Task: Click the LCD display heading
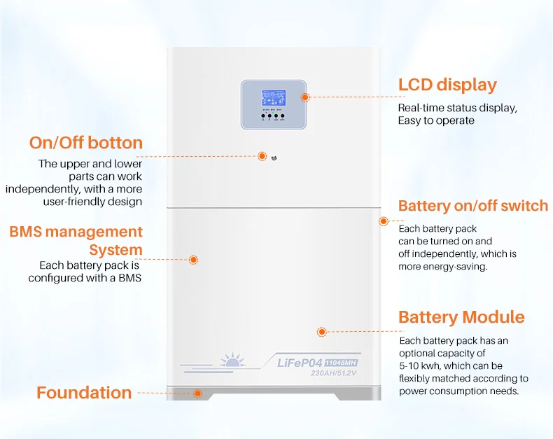447,85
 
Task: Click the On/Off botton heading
85,143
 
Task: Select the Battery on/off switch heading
472,206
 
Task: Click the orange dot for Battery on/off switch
384,221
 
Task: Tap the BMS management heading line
76,232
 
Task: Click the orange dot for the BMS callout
194,259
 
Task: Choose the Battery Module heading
461,317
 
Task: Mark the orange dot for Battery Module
322,331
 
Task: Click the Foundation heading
84,393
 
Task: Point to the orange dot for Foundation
198,393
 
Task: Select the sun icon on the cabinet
230,361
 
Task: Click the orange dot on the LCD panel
305,97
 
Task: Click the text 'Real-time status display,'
457,108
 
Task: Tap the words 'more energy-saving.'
442,266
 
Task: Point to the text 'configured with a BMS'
85,278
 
